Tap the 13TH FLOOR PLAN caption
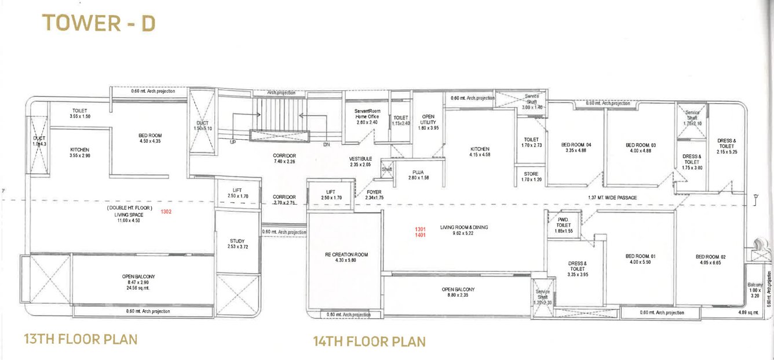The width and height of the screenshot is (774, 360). (x=81, y=339)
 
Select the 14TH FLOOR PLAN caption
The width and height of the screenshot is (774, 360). (x=369, y=341)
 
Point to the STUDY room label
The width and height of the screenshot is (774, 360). (x=236, y=241)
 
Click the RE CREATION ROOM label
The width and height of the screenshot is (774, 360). (x=346, y=254)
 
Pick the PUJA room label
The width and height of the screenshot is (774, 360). (x=418, y=172)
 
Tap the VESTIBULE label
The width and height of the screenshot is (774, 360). (x=360, y=159)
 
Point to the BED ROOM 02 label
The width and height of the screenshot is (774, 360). (x=711, y=256)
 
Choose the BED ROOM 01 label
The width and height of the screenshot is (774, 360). (x=640, y=256)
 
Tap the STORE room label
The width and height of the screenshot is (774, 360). (x=531, y=174)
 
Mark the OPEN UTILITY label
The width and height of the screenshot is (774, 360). (x=428, y=119)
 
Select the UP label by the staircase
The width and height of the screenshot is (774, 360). (x=233, y=142)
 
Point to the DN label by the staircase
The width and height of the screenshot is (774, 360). (x=326, y=144)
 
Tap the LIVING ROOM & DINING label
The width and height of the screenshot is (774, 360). (x=464, y=228)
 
